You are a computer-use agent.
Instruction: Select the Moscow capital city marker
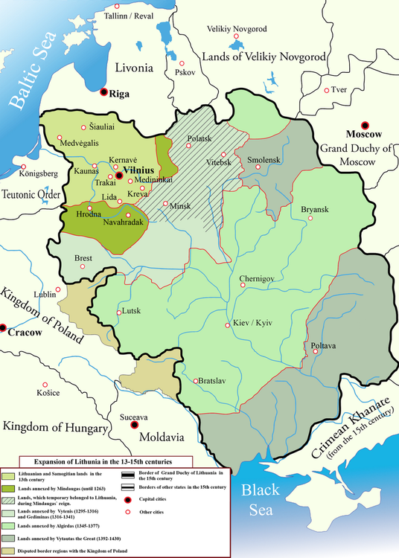tap(364, 125)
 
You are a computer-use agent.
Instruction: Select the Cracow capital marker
tap(3, 326)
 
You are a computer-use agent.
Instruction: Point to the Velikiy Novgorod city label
tap(222, 29)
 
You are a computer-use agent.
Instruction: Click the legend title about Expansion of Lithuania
tap(99, 462)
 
